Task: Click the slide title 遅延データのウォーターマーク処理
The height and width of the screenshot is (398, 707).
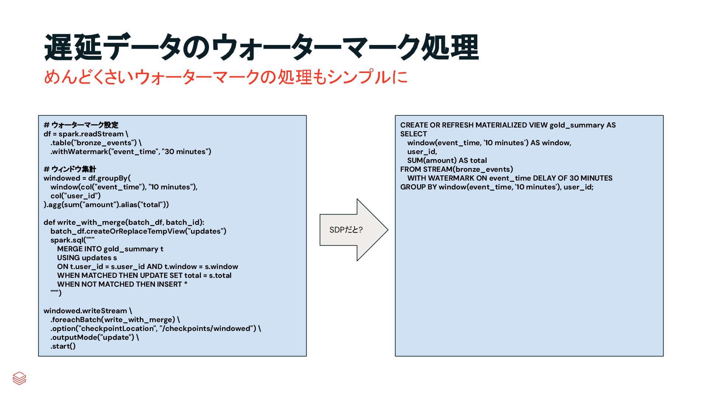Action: tap(261, 47)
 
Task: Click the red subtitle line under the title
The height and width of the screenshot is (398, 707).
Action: tap(226, 77)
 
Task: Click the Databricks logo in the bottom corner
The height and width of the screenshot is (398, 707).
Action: tap(19, 378)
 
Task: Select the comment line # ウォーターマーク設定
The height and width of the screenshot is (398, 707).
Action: tap(81, 125)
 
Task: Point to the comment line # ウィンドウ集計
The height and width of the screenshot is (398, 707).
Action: tap(70, 169)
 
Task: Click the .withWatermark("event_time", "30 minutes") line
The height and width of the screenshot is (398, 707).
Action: tap(131, 151)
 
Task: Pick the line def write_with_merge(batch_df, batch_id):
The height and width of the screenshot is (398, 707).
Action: tap(124, 222)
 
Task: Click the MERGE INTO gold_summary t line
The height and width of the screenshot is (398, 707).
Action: tap(110, 249)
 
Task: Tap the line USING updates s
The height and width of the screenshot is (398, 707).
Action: tap(87, 258)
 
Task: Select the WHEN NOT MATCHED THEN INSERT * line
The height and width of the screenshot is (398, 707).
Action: tap(122, 284)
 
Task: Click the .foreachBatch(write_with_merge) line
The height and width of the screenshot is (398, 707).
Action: tap(115, 320)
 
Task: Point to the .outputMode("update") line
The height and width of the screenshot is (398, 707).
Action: tap(95, 337)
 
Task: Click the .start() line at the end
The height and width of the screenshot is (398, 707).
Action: tap(63, 346)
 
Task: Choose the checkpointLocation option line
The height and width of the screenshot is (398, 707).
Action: tap(156, 328)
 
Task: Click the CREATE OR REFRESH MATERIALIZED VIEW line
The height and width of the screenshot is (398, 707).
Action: tap(508, 125)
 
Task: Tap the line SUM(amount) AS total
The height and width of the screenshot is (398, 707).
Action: tap(447, 160)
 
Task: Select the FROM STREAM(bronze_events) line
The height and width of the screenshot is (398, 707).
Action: tap(456, 169)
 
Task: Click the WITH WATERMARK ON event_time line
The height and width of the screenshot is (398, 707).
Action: tap(510, 178)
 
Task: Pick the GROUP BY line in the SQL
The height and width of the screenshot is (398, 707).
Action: tap(497, 187)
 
